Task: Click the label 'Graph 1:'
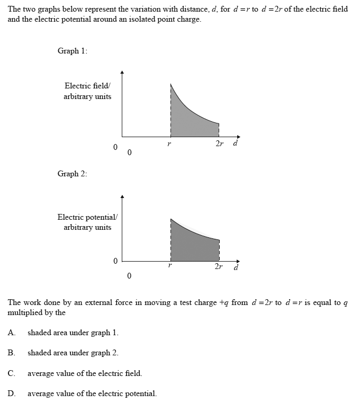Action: pyautogui.click(x=73, y=51)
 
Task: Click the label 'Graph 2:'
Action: pyautogui.click(x=73, y=174)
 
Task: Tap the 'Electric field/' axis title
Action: pyautogui.click(x=87, y=86)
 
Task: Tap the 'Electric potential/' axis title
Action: pyautogui.click(x=87, y=217)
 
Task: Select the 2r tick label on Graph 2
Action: pyautogui.click(x=219, y=266)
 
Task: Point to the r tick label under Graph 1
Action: pyautogui.click(x=169, y=144)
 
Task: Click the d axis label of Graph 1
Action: pyautogui.click(x=235, y=142)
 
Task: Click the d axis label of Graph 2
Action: pyautogui.click(x=236, y=267)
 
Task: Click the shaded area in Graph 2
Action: pyautogui.click(x=193, y=244)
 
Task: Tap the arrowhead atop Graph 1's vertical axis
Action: pyautogui.click(x=122, y=73)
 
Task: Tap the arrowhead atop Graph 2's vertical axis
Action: pyautogui.click(x=122, y=197)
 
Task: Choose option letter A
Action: pyautogui.click(x=12, y=333)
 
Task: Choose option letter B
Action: pyautogui.click(x=11, y=353)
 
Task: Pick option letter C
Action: pyautogui.click(x=11, y=373)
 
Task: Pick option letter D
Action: pyautogui.click(x=12, y=393)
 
